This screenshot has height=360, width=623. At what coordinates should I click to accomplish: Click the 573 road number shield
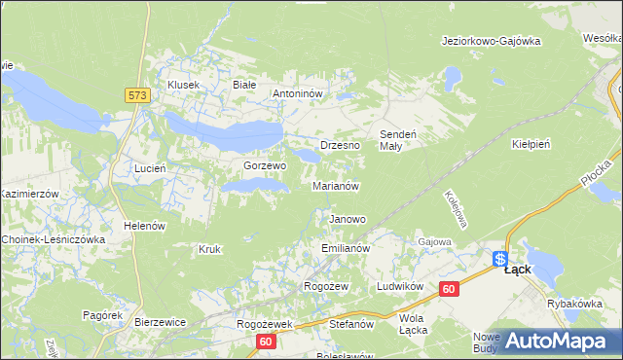pyautogui.click(x=136, y=94)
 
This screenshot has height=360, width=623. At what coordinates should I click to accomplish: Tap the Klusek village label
pyautogui.click(x=183, y=85)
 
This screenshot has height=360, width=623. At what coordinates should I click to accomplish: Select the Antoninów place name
pyautogui.click(x=303, y=94)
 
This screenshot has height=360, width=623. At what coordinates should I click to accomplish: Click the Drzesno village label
pyautogui.click(x=340, y=145)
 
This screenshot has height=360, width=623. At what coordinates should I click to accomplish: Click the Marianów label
pyautogui.click(x=337, y=186)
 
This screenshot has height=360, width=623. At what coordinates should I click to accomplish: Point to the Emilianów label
pyautogui.click(x=347, y=249)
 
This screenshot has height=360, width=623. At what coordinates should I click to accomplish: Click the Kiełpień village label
pyautogui.click(x=531, y=144)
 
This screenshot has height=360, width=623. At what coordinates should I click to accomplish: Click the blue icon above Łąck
pyautogui.click(x=500, y=259)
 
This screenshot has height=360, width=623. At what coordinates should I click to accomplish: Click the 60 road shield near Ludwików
pyautogui.click(x=448, y=289)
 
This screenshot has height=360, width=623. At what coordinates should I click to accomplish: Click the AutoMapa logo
pyautogui.click(x=556, y=340)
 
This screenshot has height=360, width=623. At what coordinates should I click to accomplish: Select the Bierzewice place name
pyautogui.click(x=160, y=320)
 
